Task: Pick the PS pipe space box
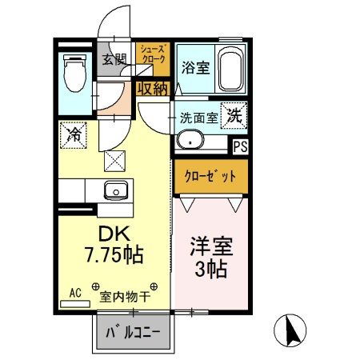pos(238,146)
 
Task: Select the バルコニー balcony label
pos(134,330)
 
